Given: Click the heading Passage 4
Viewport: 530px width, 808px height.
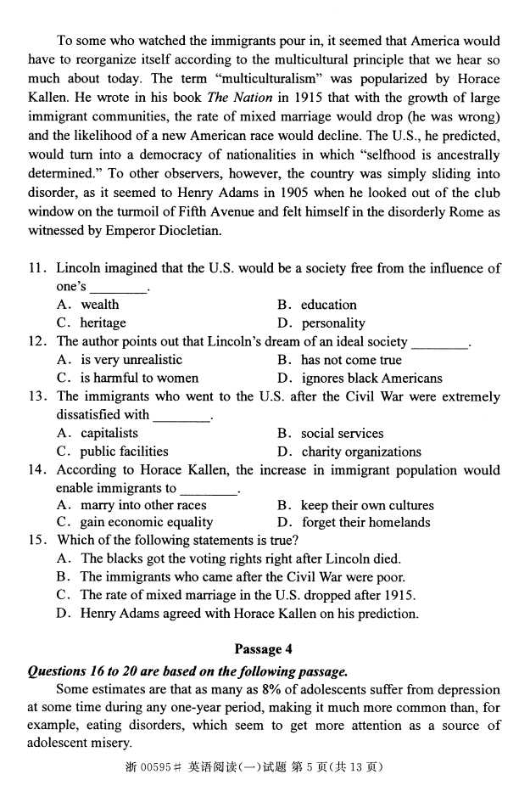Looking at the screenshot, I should click(x=263, y=649).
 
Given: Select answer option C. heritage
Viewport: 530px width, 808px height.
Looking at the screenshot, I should click(x=92, y=323).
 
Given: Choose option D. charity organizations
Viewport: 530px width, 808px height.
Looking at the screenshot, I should click(x=349, y=452).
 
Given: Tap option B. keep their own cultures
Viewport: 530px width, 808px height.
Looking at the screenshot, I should click(x=355, y=506).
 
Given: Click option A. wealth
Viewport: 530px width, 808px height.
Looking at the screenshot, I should click(x=88, y=305).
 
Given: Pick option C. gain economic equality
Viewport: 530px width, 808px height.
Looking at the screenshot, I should click(x=135, y=523).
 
